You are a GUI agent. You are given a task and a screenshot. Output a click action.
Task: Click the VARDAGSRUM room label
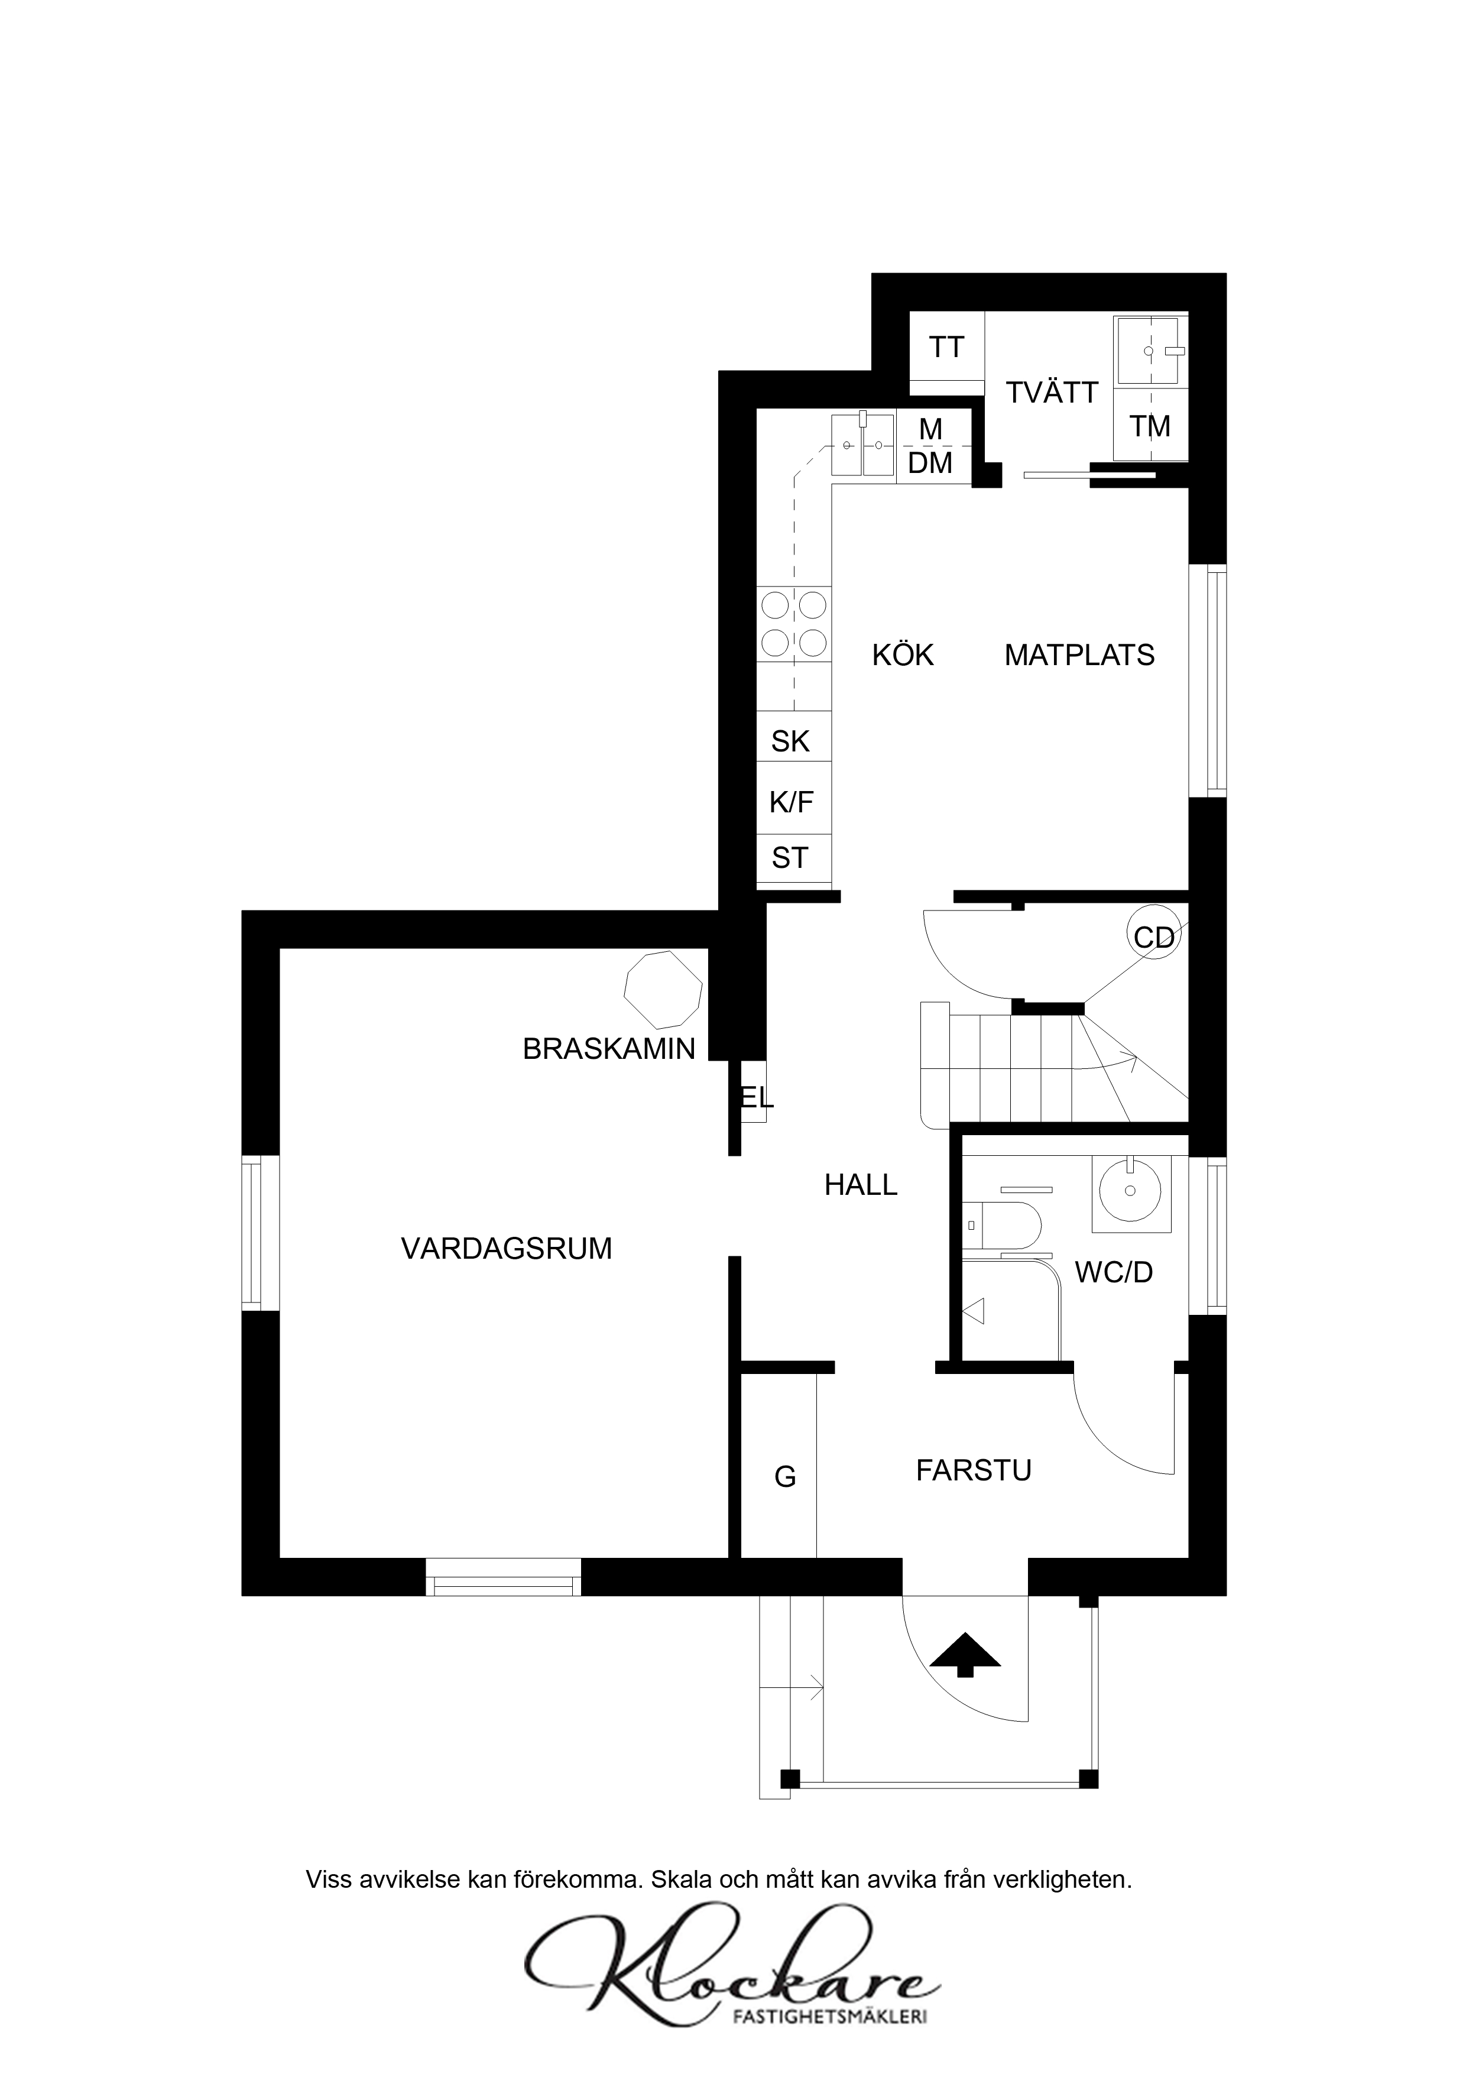point(506,1249)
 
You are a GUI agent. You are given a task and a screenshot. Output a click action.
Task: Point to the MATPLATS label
point(1079,655)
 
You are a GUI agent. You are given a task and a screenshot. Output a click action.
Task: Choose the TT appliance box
point(946,347)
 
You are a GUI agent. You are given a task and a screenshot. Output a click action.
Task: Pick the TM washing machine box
point(1150,426)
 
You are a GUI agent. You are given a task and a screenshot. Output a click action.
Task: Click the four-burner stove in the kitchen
point(794,623)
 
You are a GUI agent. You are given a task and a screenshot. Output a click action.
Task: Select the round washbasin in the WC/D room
point(1130,1191)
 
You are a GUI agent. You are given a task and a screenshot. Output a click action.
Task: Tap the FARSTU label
point(974,1470)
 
